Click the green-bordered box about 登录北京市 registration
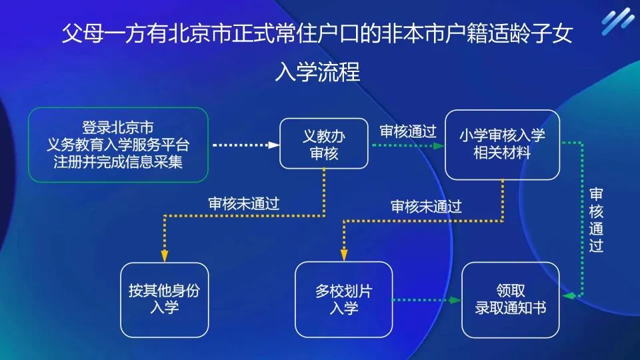coord(118,145)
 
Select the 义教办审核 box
coord(324,144)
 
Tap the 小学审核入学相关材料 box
coord(502,145)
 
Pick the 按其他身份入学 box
coord(164,299)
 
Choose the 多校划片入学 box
coord(344,299)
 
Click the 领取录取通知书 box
coord(511,299)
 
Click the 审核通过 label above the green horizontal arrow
coord(407,131)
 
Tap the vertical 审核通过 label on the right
coord(596,220)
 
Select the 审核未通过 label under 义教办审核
coord(243,204)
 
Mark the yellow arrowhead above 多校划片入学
coord(344,254)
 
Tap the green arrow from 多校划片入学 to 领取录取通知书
coord(427,300)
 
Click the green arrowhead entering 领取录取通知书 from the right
coord(567,294)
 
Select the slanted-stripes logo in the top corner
coord(617,22)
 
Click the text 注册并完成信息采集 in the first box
coord(118,162)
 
